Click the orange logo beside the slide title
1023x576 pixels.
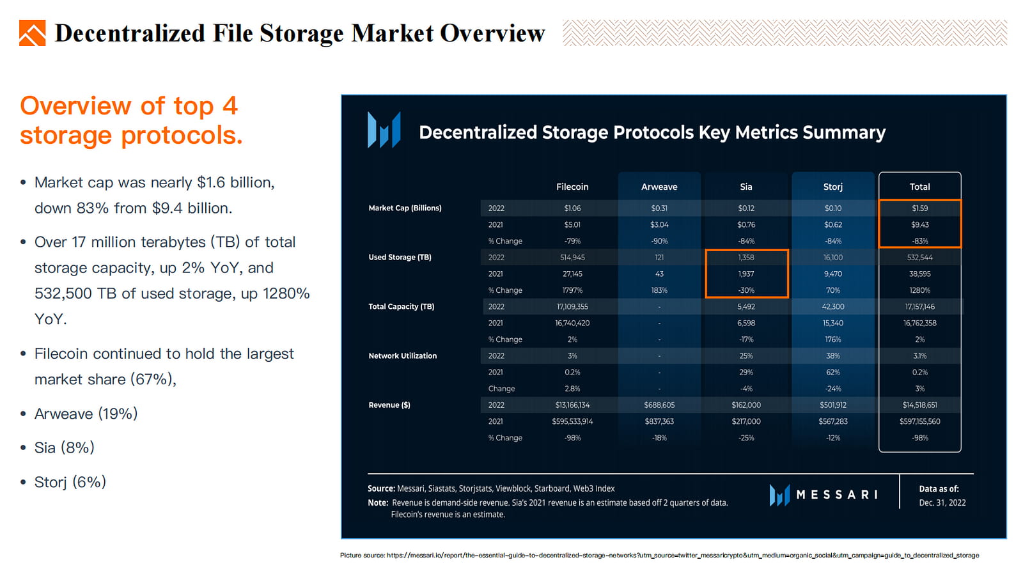(33, 33)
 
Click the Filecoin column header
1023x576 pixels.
(572, 187)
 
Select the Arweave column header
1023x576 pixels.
(659, 187)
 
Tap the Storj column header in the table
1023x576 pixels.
(832, 187)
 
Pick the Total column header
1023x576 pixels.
(919, 187)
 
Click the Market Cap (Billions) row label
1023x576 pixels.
(405, 208)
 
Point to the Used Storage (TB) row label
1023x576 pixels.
(400, 257)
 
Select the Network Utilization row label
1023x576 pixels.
(402, 355)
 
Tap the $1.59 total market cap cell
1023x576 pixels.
(919, 208)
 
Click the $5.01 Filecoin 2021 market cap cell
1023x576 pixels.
(572, 224)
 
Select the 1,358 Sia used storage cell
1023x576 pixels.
(746, 257)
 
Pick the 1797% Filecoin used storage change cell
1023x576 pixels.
(572, 290)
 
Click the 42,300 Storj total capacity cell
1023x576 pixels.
(832, 306)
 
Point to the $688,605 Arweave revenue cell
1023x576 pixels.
(659, 405)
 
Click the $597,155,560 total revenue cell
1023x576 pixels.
(919, 421)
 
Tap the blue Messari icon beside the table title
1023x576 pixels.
(384, 130)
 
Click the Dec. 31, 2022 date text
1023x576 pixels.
(942, 502)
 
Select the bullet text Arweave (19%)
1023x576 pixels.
(86, 414)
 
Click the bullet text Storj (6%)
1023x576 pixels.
(70, 482)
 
